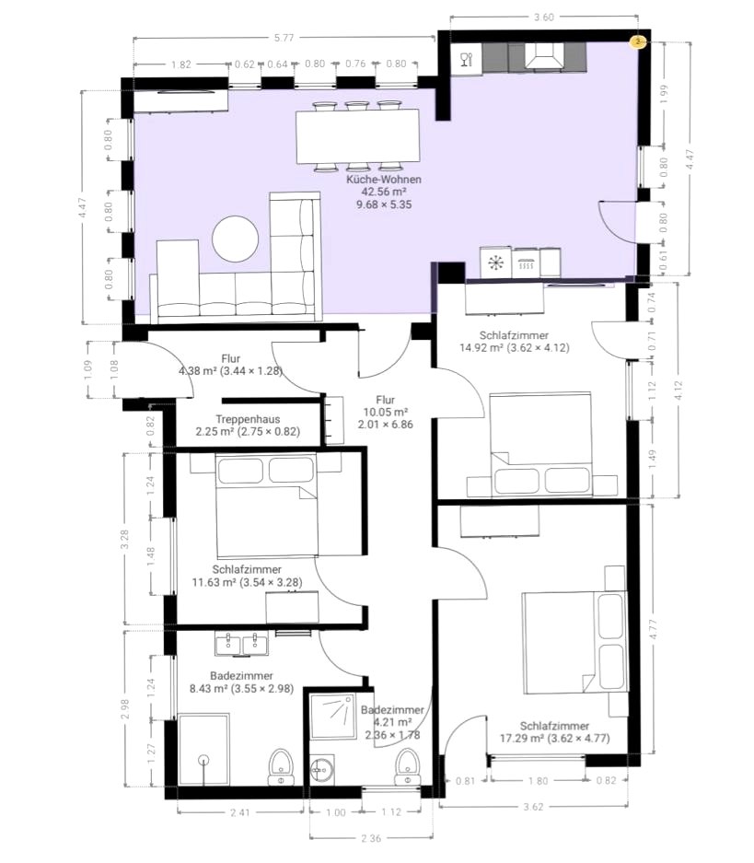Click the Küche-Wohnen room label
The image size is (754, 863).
coord(384,180)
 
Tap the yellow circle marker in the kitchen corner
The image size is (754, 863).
coord(637,41)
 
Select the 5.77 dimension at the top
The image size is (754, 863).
coord(284,38)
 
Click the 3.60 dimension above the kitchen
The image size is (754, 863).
coord(544,17)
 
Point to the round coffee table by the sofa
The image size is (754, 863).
coord(236,239)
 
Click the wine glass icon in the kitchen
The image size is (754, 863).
coord(467,59)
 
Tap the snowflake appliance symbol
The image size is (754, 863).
coord(496,263)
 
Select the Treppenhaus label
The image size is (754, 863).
coord(248,419)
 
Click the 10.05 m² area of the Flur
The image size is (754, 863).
coord(386,413)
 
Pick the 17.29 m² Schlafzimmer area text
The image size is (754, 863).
coord(521,739)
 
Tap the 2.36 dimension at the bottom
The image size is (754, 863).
coord(371,838)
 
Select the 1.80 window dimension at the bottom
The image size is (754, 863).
coord(538,780)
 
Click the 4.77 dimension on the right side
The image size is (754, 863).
coord(653,629)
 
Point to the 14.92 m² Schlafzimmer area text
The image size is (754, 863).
coord(481,348)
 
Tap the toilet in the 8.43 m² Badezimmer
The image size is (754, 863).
coord(281,766)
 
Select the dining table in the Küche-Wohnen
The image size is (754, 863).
coord(358,136)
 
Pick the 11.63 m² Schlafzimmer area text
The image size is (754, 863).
coord(214,582)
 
